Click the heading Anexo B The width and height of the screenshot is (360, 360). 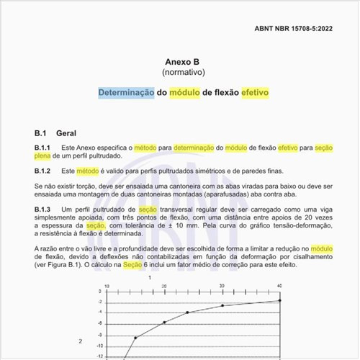pos(180,62)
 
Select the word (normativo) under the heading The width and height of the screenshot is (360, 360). pos(180,73)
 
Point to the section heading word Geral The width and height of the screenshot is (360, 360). pos(67,133)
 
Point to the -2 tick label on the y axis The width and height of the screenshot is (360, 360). pos(98,302)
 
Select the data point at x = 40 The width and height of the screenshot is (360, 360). pos(279,300)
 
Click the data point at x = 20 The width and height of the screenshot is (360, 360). pos(164,322)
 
